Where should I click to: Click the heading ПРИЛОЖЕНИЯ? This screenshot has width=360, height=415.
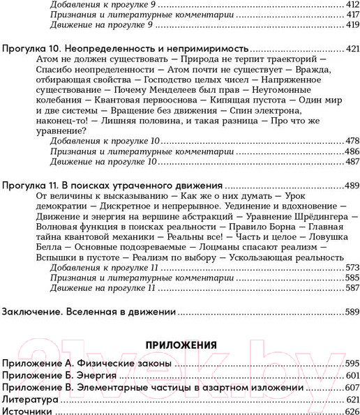[x=180, y=345]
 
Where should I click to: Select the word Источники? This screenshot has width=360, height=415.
[x=27, y=412]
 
